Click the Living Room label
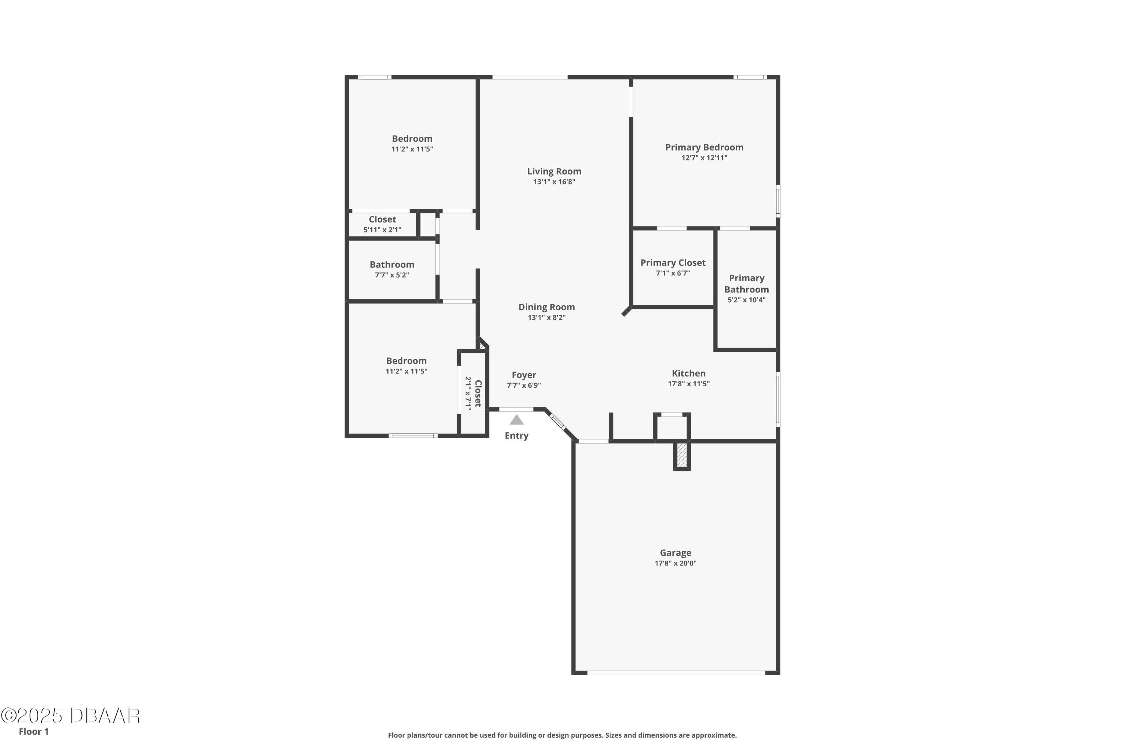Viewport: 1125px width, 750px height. [554, 171]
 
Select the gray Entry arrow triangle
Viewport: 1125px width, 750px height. [517, 420]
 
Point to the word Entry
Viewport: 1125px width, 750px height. [517, 436]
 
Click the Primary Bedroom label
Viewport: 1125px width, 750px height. [705, 147]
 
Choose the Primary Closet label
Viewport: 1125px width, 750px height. [673, 262]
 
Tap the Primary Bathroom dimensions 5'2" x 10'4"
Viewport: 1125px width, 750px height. [747, 300]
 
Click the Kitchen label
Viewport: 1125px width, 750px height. [689, 373]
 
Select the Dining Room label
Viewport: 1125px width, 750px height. [547, 307]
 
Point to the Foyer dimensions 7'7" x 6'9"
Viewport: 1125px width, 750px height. [524, 385]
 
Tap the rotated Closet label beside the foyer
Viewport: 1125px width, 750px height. [478, 393]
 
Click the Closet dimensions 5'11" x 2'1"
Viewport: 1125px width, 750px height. [382, 229]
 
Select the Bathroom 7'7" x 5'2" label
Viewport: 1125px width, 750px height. [392, 269]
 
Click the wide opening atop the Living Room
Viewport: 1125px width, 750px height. [530, 77]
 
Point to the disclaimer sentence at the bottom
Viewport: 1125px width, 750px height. [562, 735]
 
